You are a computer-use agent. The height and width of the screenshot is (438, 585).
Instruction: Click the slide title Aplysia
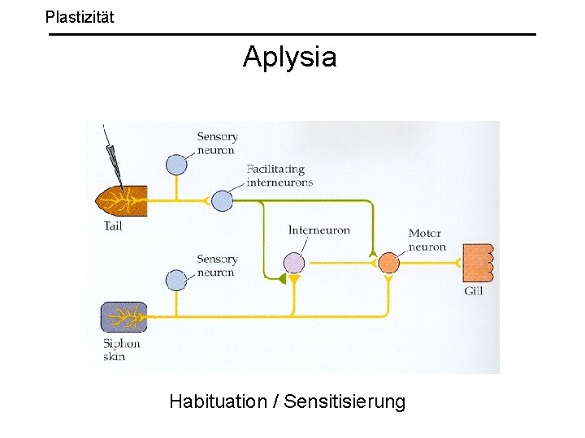289,57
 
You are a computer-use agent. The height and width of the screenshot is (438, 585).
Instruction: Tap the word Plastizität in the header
80,15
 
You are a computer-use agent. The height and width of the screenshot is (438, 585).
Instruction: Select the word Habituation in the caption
218,401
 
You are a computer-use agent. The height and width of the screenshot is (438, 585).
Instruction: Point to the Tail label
113,226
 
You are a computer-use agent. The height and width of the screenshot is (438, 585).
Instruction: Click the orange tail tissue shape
120,200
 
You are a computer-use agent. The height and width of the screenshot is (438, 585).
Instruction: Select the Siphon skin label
121,350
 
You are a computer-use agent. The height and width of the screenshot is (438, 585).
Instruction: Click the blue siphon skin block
123,316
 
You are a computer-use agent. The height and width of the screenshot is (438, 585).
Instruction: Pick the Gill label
473,290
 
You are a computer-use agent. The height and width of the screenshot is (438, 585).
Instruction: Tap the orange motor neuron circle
389,262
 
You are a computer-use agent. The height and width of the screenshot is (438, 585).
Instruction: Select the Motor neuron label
427,240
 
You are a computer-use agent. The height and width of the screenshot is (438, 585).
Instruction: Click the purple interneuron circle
293,262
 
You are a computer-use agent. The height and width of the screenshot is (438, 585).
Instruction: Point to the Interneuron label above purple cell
318,230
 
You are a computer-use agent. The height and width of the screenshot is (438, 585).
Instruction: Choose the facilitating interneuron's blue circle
222,200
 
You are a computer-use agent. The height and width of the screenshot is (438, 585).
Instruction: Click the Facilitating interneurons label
279,175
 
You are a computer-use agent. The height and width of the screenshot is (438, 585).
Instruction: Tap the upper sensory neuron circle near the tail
176,164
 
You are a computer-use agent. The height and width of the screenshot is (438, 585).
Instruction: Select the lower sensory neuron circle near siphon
176,281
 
